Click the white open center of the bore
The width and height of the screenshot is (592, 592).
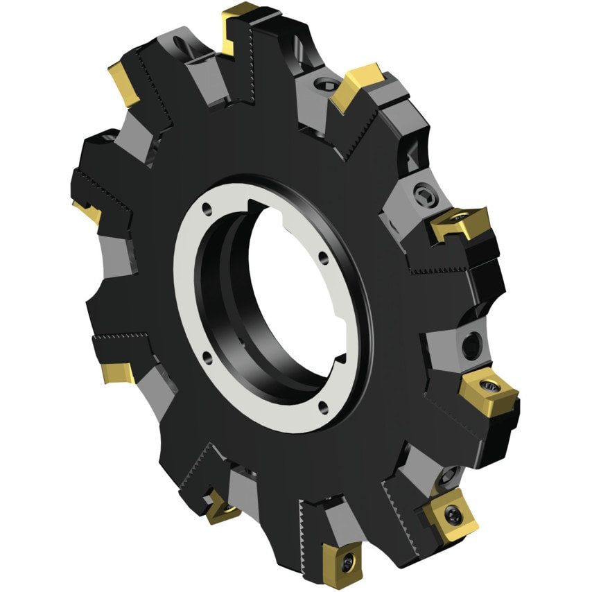288,291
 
